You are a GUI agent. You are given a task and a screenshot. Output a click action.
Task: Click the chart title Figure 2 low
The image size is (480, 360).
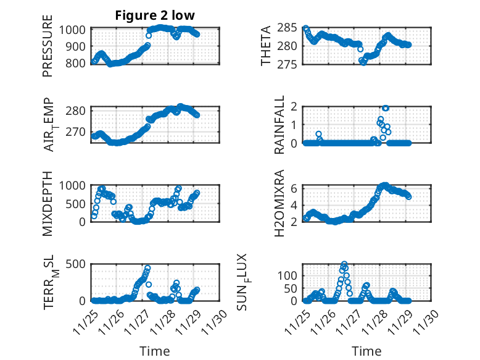click(x=155, y=17)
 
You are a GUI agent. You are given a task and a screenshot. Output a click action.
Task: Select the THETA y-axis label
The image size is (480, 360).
click(x=266, y=46)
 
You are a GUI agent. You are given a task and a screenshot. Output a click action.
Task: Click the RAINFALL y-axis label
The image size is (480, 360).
click(x=279, y=125)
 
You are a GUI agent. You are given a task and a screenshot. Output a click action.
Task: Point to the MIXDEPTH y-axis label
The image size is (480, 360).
click(x=48, y=203)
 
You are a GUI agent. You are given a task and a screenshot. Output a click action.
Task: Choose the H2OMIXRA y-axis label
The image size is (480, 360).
click(x=279, y=203)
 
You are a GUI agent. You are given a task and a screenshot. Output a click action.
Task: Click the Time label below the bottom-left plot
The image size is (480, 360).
click(x=155, y=351)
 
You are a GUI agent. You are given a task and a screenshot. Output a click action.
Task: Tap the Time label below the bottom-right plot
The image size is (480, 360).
click(x=366, y=351)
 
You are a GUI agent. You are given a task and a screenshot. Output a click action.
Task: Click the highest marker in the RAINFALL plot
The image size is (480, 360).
click(x=386, y=108)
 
